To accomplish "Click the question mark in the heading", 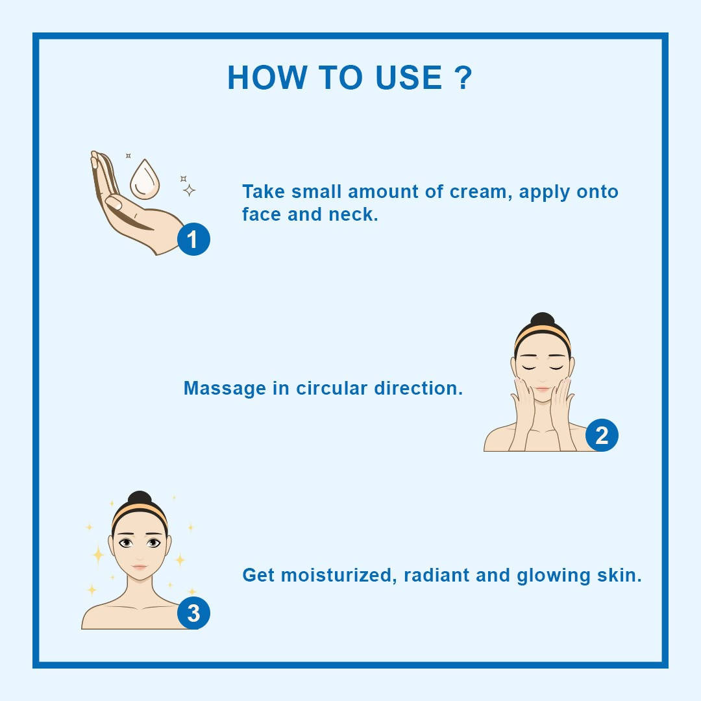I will click(x=463, y=78).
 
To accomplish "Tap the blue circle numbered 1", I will click(x=193, y=239).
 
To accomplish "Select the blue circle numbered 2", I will click(x=602, y=435).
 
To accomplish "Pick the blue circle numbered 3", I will click(x=193, y=613).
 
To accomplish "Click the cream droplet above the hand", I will click(x=144, y=180).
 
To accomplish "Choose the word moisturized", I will click(x=337, y=576).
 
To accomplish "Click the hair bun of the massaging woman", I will click(x=542, y=321).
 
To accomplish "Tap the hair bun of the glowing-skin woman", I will click(x=140, y=499).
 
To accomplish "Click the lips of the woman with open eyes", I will click(x=140, y=567).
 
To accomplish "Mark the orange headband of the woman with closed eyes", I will click(x=542, y=335).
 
